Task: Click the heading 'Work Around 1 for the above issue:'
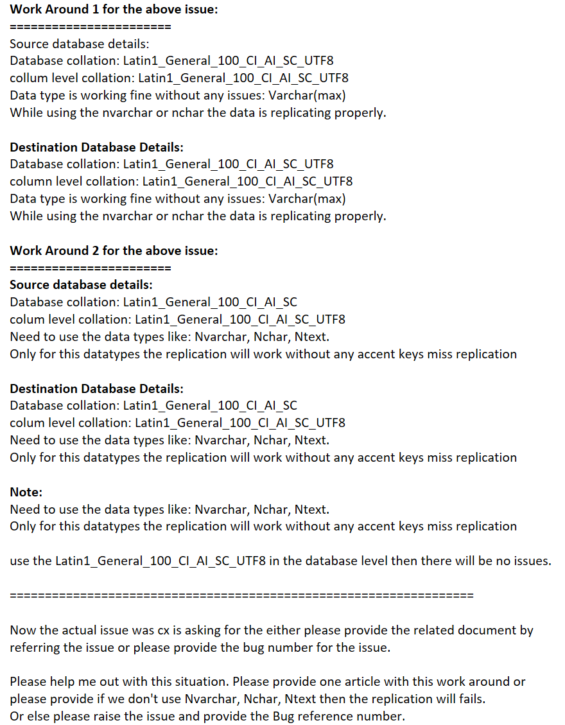point(114,10)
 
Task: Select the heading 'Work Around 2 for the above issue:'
point(114,250)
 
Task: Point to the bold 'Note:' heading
point(26,492)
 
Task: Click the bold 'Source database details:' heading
point(81,284)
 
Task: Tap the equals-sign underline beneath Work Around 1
point(90,27)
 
